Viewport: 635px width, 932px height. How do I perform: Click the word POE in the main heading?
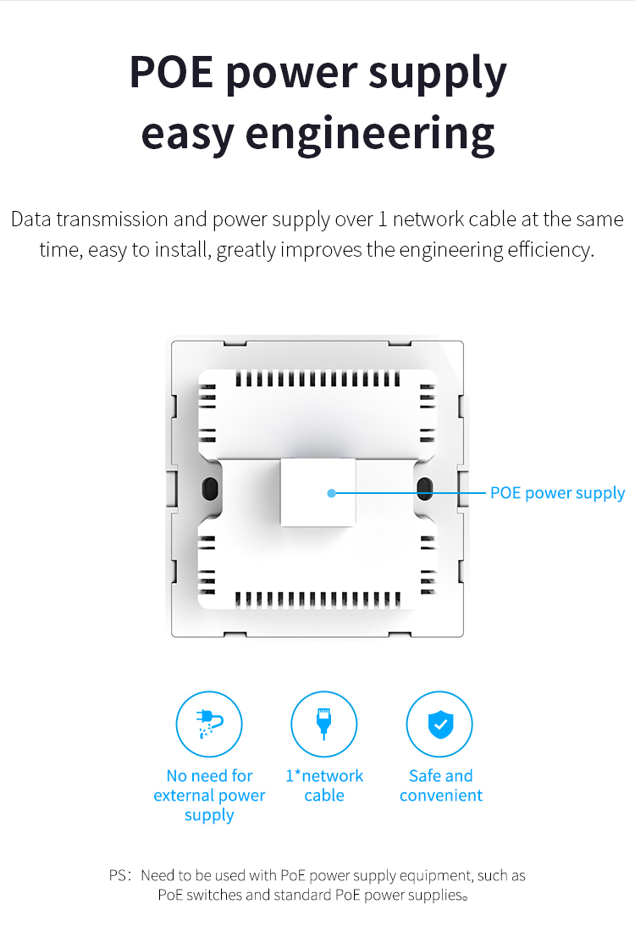pyautogui.click(x=171, y=72)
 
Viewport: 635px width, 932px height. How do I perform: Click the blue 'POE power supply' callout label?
pyautogui.click(x=557, y=493)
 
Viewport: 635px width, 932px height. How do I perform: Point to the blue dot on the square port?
pyautogui.click(x=332, y=493)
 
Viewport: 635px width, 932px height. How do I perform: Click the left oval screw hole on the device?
pyautogui.click(x=210, y=489)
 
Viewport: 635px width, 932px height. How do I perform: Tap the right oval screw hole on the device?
pyautogui.click(x=425, y=489)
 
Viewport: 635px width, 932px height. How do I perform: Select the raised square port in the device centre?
pyautogui.click(x=318, y=492)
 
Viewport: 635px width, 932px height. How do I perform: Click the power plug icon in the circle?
pyautogui.click(x=209, y=723)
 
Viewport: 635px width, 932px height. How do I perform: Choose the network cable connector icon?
pyautogui.click(x=323, y=724)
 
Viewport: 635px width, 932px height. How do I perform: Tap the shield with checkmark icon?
pyautogui.click(x=441, y=724)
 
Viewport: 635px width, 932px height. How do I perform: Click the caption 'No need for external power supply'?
pyautogui.click(x=209, y=796)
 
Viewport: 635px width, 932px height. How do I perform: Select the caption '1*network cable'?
pyautogui.click(x=324, y=785)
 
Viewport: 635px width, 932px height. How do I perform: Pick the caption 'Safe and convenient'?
pyautogui.click(x=441, y=785)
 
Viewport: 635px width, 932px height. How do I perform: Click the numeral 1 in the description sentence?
pyautogui.click(x=383, y=219)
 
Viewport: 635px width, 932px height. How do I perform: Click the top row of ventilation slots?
pyautogui.click(x=317, y=379)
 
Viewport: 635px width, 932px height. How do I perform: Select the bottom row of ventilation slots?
pyautogui.click(x=317, y=599)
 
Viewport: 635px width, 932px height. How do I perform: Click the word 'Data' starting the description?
pyautogui.click(x=30, y=219)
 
